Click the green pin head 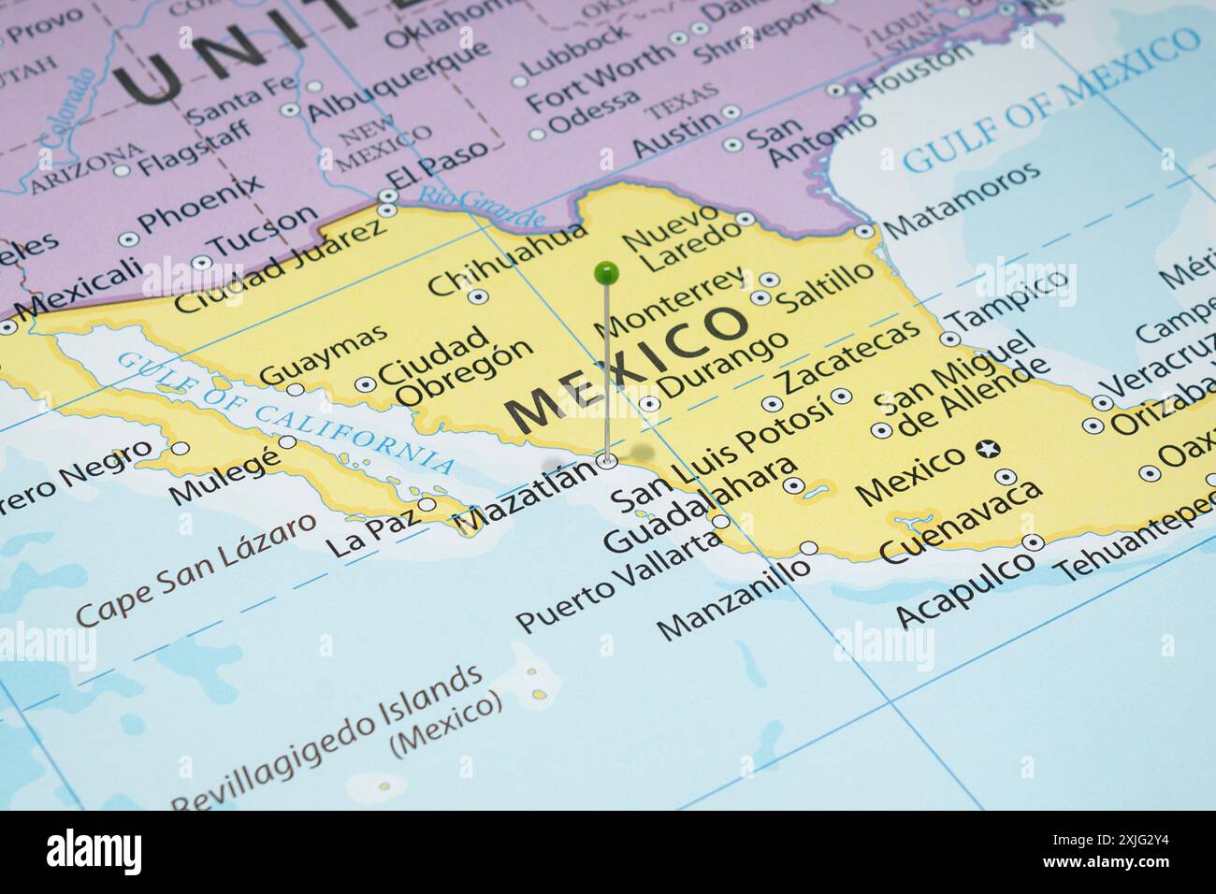point(606,272)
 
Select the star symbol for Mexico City point(986,450)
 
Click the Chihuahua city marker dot point(478,297)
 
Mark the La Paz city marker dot point(427,505)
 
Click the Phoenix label point(199,205)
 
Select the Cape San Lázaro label point(195,570)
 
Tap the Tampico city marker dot point(950,339)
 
